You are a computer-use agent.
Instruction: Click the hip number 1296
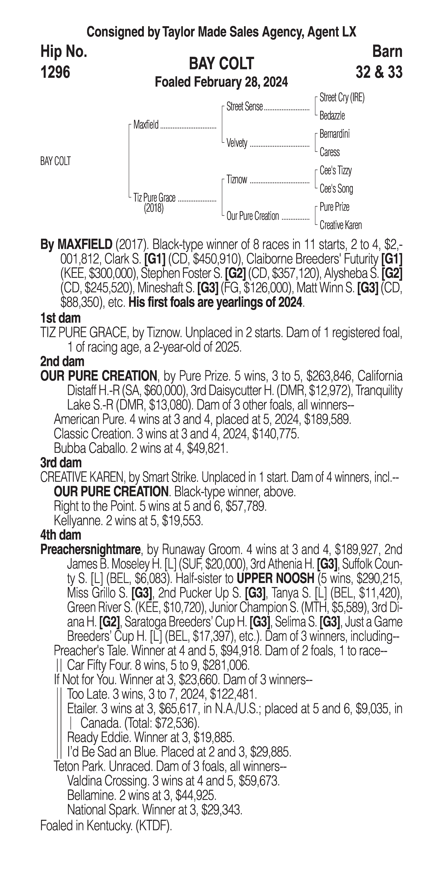(x=55, y=72)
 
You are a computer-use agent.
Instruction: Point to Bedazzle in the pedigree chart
(x=332, y=116)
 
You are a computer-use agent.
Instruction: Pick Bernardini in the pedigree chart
(x=335, y=134)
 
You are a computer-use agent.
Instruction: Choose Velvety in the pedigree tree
(x=237, y=143)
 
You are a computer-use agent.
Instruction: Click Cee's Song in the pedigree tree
(x=336, y=189)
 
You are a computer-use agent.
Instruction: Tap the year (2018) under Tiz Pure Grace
(x=154, y=208)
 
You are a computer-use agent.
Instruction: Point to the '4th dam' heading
(x=61, y=535)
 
